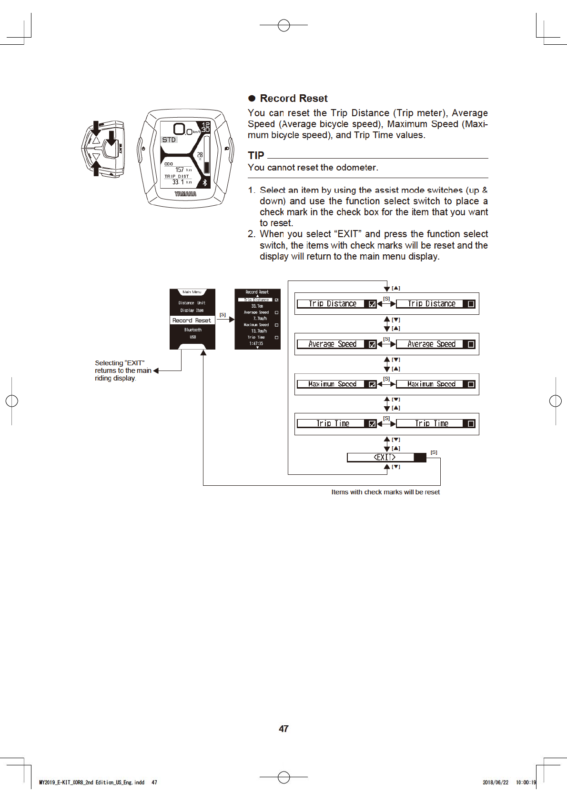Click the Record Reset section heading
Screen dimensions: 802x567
pyautogui.click(x=294, y=99)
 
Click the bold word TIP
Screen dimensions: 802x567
pyautogui.click(x=256, y=156)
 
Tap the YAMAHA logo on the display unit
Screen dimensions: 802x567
pyautogui.click(x=185, y=194)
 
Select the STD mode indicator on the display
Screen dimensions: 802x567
pyautogui.click(x=169, y=140)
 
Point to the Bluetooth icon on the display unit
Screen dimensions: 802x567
pyautogui.click(x=205, y=182)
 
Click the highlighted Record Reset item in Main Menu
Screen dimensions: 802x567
pyautogui.click(x=192, y=321)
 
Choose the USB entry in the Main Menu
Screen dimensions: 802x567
pyautogui.click(x=192, y=337)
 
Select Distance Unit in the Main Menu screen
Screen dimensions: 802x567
pyautogui.click(x=192, y=303)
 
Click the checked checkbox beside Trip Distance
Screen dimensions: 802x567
pyautogui.click(x=372, y=304)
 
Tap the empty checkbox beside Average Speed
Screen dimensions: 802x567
pyautogui.click(x=471, y=344)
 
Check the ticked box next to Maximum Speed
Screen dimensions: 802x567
pyautogui.click(x=372, y=384)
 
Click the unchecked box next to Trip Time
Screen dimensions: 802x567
pyautogui.click(x=471, y=424)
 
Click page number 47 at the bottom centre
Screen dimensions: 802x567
pyautogui.click(x=283, y=729)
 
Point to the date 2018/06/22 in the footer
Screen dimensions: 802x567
pyautogui.click(x=496, y=782)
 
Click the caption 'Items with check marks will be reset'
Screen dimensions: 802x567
pyautogui.click(x=385, y=492)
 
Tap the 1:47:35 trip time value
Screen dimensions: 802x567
pyautogui.click(x=256, y=343)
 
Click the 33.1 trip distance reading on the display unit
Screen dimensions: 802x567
pyautogui.click(x=178, y=182)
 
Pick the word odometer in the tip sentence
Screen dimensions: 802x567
pyautogui.click(x=356, y=168)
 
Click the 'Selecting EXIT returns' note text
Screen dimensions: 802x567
pyautogui.click(x=122, y=371)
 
